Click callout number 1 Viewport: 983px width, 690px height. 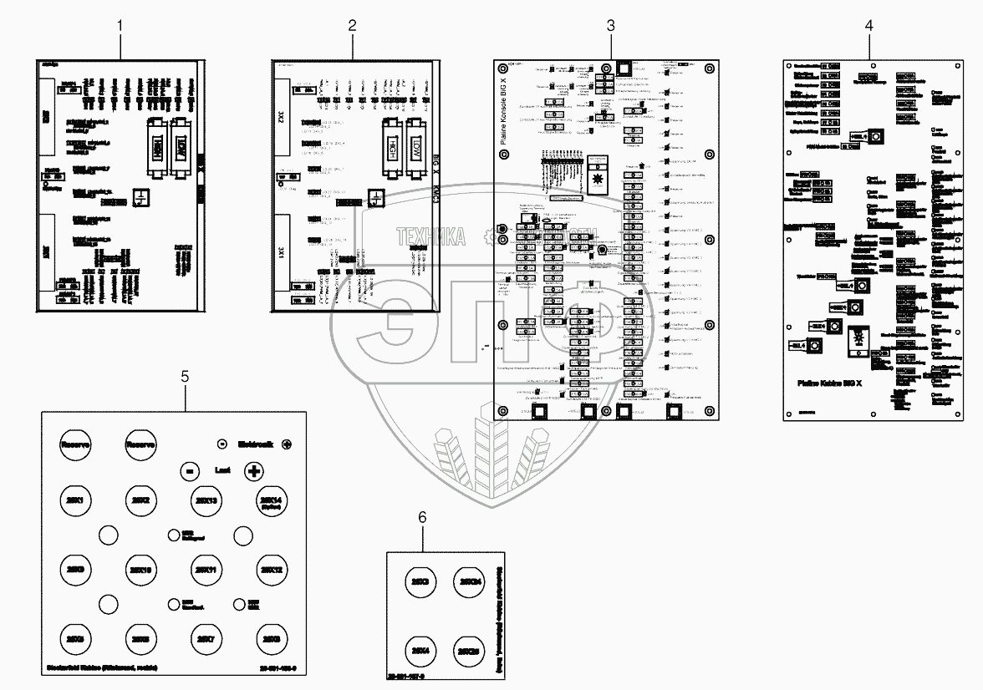pyautogui.click(x=120, y=26)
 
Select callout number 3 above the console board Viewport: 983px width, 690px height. pyautogui.click(x=610, y=26)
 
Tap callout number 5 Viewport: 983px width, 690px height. pyautogui.click(x=185, y=377)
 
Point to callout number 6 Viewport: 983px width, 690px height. pyautogui.click(x=422, y=517)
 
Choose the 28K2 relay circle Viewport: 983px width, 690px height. pyautogui.click(x=140, y=500)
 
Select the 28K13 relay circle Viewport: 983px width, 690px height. pyautogui.click(x=205, y=500)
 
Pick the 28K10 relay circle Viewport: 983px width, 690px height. pyautogui.click(x=140, y=570)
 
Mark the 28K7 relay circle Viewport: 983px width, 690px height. pyautogui.click(x=205, y=639)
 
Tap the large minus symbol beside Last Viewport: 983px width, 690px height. pyautogui.click(x=190, y=471)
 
